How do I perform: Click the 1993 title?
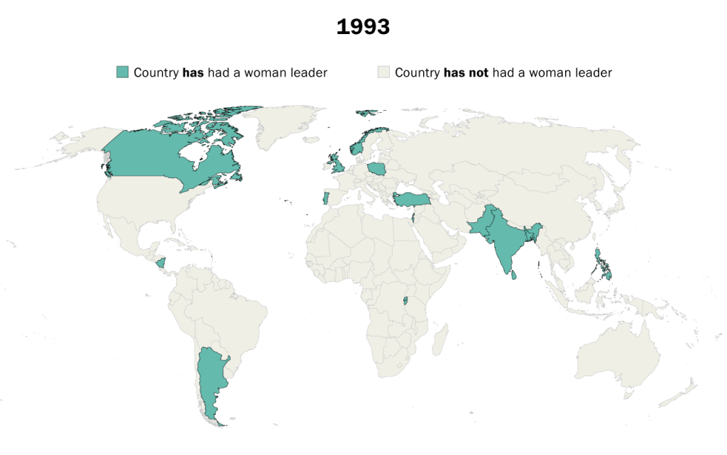(363, 27)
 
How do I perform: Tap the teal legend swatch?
(123, 72)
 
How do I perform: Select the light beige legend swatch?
(384, 72)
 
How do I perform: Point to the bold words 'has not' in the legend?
(466, 72)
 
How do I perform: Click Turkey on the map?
(409, 198)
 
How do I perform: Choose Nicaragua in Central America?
(161, 263)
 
